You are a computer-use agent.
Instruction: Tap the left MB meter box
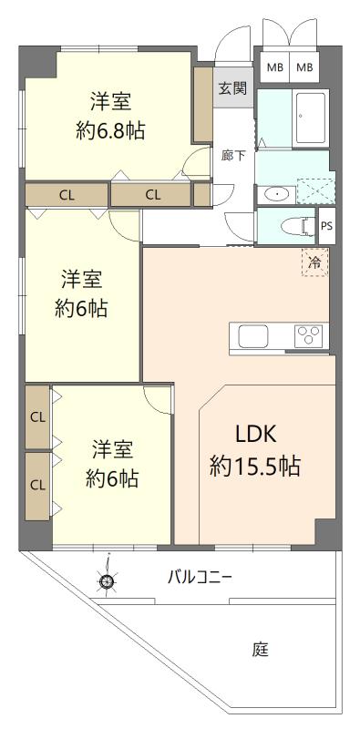click(274, 67)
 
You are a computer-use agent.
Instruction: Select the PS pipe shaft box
click(326, 226)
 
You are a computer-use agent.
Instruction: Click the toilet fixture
click(297, 226)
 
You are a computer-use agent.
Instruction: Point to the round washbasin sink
click(276, 195)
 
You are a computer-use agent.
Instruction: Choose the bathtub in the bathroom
click(310, 118)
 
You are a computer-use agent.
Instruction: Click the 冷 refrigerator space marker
click(314, 262)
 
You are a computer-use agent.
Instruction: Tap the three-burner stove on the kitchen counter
click(308, 335)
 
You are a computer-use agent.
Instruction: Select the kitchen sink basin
click(253, 335)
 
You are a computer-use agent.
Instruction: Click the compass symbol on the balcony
click(107, 580)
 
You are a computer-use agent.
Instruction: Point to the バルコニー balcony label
click(200, 579)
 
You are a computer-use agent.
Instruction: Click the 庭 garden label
click(261, 649)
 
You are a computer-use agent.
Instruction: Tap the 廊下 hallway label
click(233, 156)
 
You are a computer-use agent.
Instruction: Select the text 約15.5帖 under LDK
click(254, 466)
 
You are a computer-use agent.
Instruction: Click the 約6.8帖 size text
click(110, 131)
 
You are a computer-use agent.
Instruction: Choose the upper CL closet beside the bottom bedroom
click(37, 417)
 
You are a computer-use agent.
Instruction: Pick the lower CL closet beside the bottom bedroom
click(37, 486)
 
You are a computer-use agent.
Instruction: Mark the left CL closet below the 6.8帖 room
click(67, 195)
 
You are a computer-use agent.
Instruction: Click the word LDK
click(256, 436)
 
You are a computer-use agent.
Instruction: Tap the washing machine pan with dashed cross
click(315, 191)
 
